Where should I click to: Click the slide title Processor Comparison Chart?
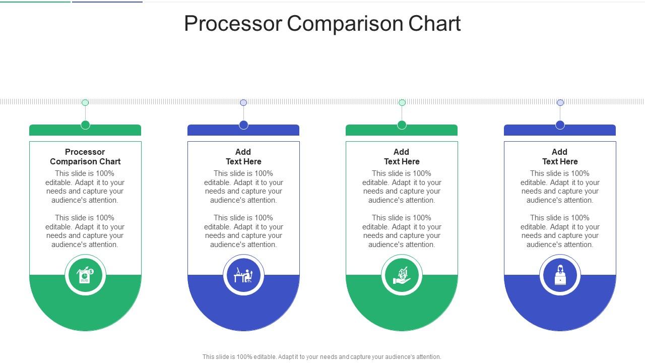pos(322,24)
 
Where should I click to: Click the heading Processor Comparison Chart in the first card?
pos(85,157)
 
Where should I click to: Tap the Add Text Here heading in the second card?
pos(243,157)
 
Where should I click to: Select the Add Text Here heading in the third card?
pos(402,157)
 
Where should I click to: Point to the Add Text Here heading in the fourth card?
pos(560,157)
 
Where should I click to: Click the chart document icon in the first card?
pos(85,275)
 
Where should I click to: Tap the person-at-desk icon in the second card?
pos(243,275)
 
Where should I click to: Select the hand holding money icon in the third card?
pos(402,275)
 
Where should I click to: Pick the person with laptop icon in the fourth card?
pos(560,275)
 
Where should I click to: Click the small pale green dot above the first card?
pos(85,102)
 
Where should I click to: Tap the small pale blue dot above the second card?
pos(243,102)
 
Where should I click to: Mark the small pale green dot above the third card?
pos(402,102)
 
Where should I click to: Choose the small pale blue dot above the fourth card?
pos(560,102)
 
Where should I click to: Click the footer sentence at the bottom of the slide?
pos(322,356)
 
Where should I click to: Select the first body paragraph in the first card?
pos(85,187)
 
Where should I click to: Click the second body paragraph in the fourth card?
pos(560,231)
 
